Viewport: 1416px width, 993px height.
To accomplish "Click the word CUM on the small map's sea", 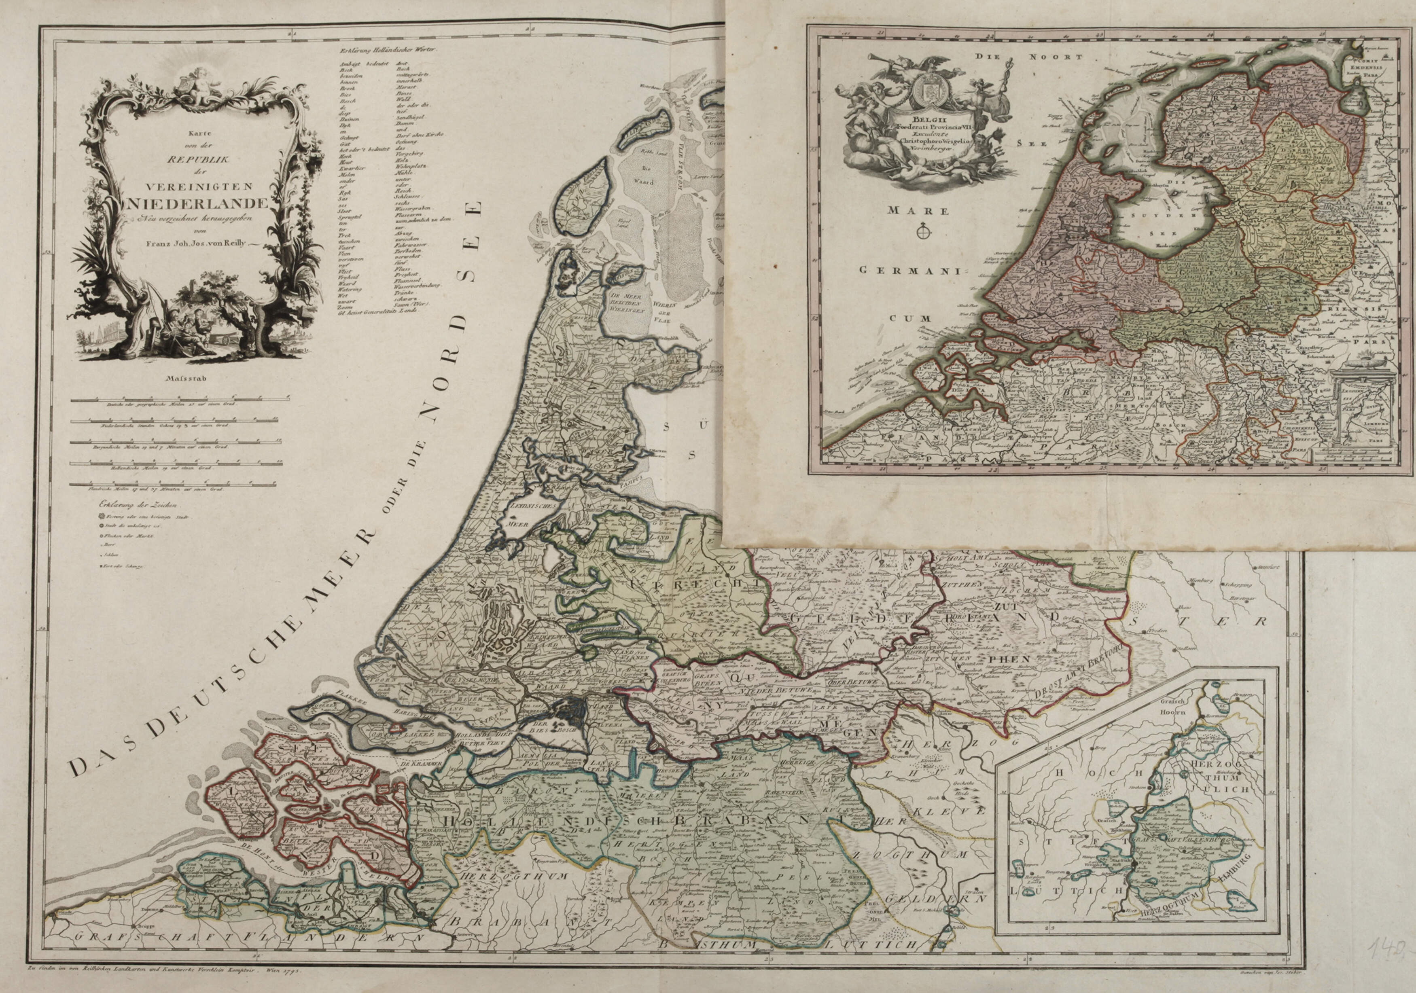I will (904, 319).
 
